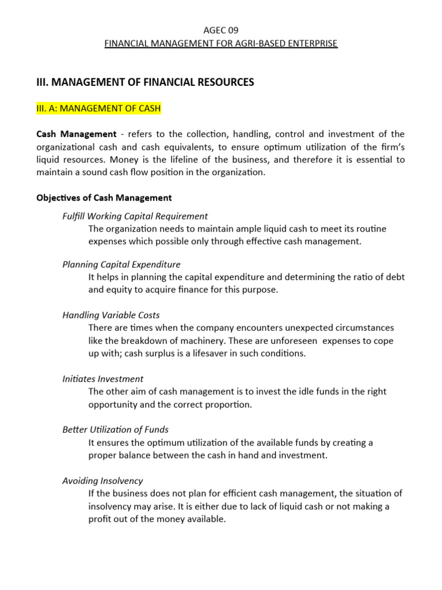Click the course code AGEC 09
click(220, 31)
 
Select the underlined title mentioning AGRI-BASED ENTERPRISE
click(220, 44)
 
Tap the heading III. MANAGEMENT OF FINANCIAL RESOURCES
click(145, 82)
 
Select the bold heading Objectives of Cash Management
click(104, 198)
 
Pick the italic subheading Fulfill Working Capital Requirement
click(135, 216)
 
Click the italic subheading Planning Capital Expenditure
click(121, 264)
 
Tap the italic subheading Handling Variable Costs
click(110, 315)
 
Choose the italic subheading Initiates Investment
click(102, 379)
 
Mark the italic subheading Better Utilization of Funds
click(115, 430)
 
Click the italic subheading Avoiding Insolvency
click(102, 481)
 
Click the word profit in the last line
click(100, 519)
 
